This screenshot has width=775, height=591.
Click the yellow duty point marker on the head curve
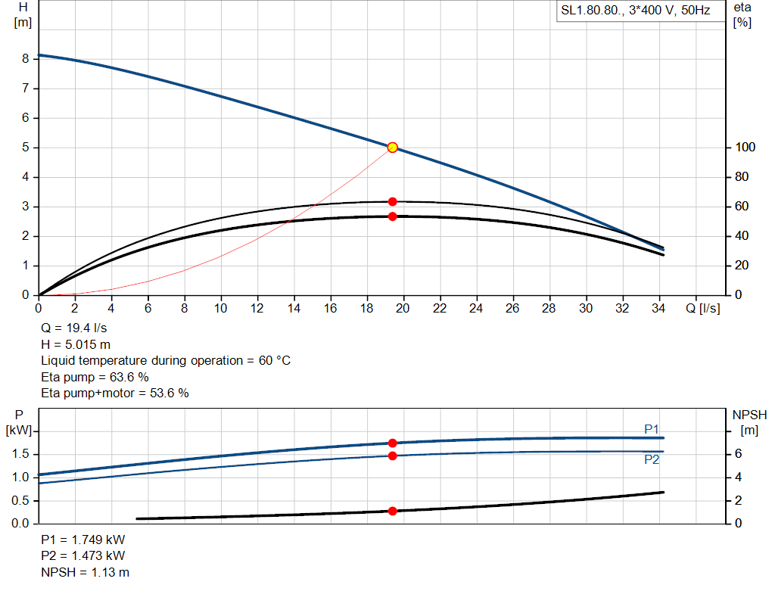pos(392,148)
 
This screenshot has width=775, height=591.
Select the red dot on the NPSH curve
pos(392,511)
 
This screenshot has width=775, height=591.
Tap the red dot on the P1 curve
pos(392,443)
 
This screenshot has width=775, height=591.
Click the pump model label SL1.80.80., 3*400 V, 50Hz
pos(634,12)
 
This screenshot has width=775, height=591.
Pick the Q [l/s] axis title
pos(703,309)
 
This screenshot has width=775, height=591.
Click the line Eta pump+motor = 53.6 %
pos(114,393)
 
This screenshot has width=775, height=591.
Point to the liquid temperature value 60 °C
pos(272,361)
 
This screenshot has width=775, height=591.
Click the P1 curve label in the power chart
pos(652,429)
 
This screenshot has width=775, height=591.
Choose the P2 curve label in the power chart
pos(652,459)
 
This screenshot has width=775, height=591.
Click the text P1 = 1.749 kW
pos(83,540)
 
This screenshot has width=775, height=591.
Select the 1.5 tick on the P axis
pos(20,454)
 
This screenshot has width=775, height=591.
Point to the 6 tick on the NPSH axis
pos(737,454)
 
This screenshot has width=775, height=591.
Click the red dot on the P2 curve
pos(392,456)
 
